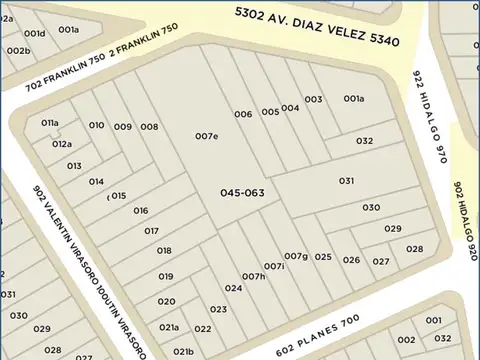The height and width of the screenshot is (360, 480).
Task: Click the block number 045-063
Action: [x=242, y=192]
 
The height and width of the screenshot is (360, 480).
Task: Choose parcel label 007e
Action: [x=207, y=136]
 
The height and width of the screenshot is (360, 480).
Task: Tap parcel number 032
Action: [x=364, y=141]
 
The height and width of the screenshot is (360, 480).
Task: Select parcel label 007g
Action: [x=296, y=256]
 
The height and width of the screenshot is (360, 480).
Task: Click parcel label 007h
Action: [x=254, y=276]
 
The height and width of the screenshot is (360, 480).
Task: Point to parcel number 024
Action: [x=233, y=288]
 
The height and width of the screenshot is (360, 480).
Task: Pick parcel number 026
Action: [x=351, y=260]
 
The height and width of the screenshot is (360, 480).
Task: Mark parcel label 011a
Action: [x=51, y=122]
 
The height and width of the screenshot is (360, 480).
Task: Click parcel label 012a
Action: [x=62, y=144]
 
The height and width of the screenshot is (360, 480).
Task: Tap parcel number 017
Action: [x=152, y=230]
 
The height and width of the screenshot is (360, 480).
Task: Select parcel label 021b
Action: [x=183, y=351]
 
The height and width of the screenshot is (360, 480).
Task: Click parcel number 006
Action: [x=243, y=114]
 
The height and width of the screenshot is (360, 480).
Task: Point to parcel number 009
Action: [x=122, y=126]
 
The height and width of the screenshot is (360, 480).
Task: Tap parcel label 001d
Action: [x=35, y=33]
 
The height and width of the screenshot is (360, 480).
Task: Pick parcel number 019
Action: [x=166, y=276]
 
